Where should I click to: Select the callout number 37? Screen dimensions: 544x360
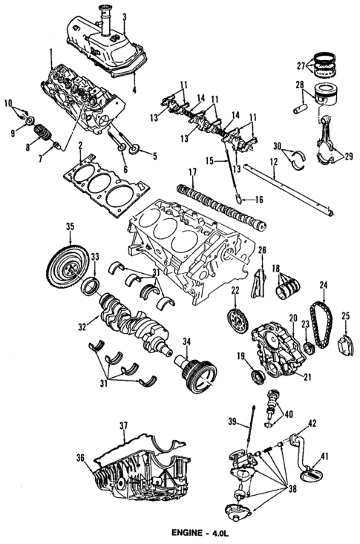point(124,425)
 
